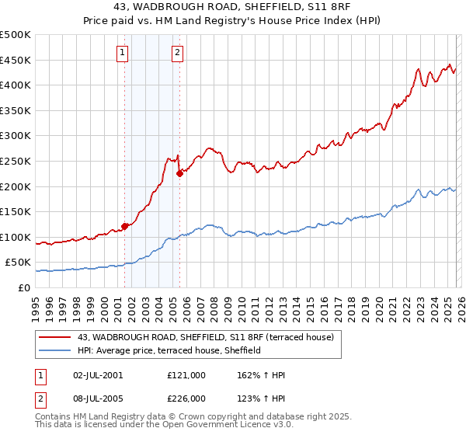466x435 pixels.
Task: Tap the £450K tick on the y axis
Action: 16,60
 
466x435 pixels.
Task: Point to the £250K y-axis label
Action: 16,161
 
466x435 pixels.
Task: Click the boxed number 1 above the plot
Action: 123,53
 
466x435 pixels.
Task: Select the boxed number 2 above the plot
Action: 177,53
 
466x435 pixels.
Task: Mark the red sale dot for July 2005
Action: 179,173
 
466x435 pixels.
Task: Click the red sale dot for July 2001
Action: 124,226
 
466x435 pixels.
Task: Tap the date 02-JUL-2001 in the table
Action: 96,375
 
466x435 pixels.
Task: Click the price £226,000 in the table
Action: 186,398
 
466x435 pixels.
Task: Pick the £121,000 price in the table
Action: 186,375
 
